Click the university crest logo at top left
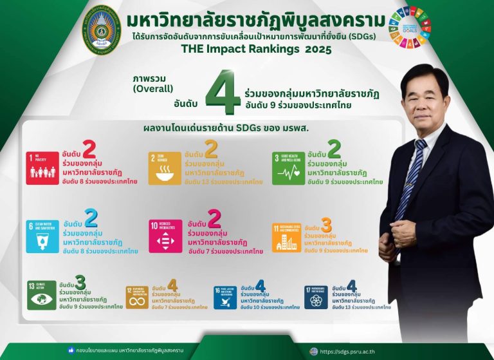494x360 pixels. pyautogui.click(x=101, y=32)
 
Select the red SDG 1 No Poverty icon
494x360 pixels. pyautogui.click(x=42, y=167)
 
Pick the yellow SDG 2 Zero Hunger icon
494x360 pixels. pyautogui.click(x=165, y=167)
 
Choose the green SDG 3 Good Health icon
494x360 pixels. pyautogui.click(x=288, y=167)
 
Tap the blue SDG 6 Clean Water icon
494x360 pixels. pyautogui.click(x=42, y=236)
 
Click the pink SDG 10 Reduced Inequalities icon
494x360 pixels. pyautogui.click(x=165, y=236)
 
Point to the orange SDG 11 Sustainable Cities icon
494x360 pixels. pyautogui.click(x=286, y=237)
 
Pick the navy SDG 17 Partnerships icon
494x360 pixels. pyautogui.click(x=316, y=297)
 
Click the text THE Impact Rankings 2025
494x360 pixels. pyautogui.click(x=256, y=49)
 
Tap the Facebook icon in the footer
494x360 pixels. pyautogui.click(x=71, y=351)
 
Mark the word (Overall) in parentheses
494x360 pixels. pyautogui.click(x=152, y=89)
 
